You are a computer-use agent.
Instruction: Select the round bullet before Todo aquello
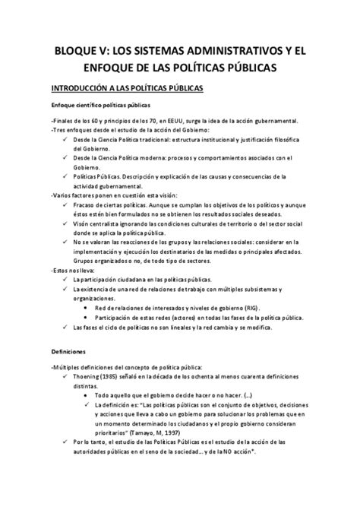[x=81, y=396]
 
